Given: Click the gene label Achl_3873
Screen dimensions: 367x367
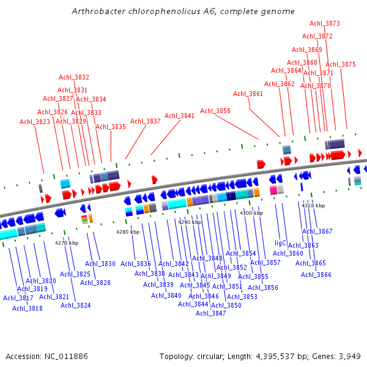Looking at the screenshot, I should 325,23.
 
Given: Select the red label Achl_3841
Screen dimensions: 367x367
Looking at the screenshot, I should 179,116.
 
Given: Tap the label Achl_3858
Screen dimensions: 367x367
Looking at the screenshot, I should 215,111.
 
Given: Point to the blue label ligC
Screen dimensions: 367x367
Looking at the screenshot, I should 280,243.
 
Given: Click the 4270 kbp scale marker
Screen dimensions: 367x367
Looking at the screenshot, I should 67,243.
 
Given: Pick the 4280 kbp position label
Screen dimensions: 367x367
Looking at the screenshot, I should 128,232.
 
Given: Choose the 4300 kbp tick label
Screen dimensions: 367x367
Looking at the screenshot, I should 251,212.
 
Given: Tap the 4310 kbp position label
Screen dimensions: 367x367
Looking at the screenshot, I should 313,206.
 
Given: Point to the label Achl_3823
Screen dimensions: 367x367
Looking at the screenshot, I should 35,122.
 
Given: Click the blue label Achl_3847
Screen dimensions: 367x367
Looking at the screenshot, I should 211,313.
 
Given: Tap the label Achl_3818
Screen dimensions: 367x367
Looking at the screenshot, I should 28,308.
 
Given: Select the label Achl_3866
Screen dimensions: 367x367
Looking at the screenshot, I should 316,275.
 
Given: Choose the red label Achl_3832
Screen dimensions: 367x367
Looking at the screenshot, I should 74,77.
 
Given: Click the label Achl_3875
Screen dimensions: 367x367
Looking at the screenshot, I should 341,64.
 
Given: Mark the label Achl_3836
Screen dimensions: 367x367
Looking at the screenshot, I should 136,264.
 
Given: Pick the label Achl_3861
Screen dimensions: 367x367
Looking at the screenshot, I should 248,94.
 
